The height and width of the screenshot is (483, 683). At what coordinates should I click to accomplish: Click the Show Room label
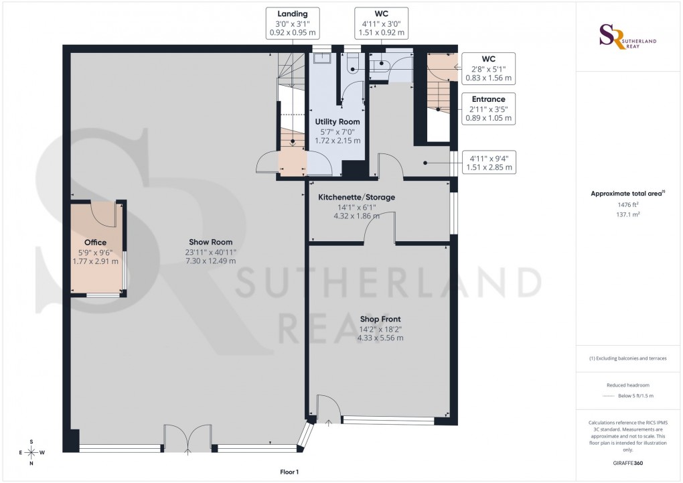pos(211,242)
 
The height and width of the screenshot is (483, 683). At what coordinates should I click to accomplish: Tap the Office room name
pos(95,243)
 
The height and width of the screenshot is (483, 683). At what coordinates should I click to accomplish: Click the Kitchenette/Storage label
pos(356,197)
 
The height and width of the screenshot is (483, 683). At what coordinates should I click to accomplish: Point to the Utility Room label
pos(337,122)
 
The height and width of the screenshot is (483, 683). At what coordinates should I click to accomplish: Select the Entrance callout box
pos(488,109)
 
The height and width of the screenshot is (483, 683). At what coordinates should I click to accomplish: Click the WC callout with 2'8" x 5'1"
pos(488,68)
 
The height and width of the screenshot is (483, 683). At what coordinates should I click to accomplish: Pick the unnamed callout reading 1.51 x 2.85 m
pos(488,163)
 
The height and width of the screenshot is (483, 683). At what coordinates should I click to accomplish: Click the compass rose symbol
pos(31,452)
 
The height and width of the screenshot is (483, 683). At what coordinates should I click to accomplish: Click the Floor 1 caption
pos(290,472)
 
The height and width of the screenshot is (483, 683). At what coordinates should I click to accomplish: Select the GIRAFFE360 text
pos(627,463)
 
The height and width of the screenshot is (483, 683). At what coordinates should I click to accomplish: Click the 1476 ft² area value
pos(627,204)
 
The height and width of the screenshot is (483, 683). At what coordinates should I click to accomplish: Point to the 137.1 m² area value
pos(627,214)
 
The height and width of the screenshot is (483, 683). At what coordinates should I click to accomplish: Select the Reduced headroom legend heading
pos(627,385)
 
